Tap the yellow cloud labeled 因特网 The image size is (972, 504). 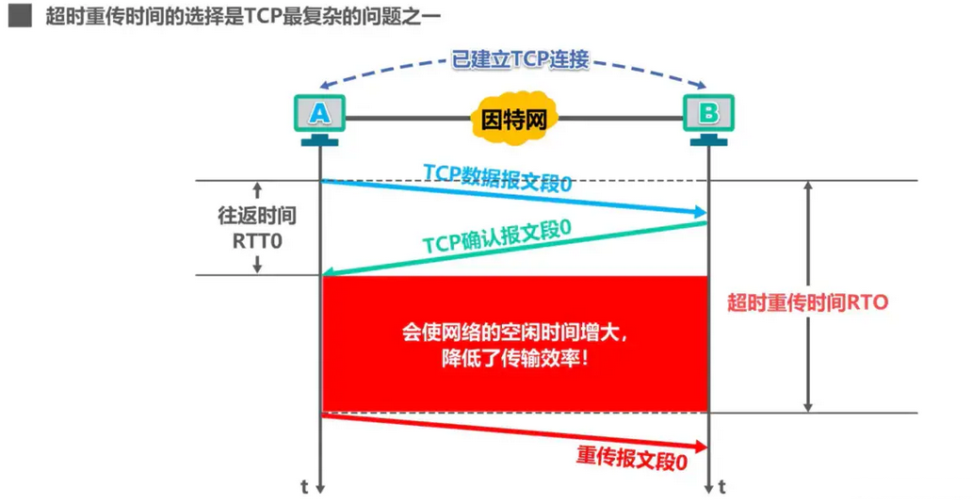pos(514,119)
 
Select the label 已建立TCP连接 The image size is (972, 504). pos(520,59)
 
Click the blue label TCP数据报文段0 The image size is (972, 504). pos(497,178)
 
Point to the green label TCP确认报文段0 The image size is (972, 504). pos(496,236)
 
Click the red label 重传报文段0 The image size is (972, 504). pos(632,459)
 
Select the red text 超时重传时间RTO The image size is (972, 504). pos(808,302)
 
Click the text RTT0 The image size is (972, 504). pos(257,240)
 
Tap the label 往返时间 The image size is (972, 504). pos(257,215)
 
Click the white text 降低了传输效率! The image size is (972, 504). pos(515,358)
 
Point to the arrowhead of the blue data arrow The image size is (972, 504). pos(701,213)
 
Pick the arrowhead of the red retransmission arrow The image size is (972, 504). pos(701,447)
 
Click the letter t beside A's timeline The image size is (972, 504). pos(304,487)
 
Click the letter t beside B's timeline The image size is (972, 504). pos(722,487)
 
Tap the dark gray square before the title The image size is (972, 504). pos(20,15)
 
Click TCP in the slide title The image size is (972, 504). pos(262,15)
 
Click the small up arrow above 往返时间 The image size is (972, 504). pos(257,190)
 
